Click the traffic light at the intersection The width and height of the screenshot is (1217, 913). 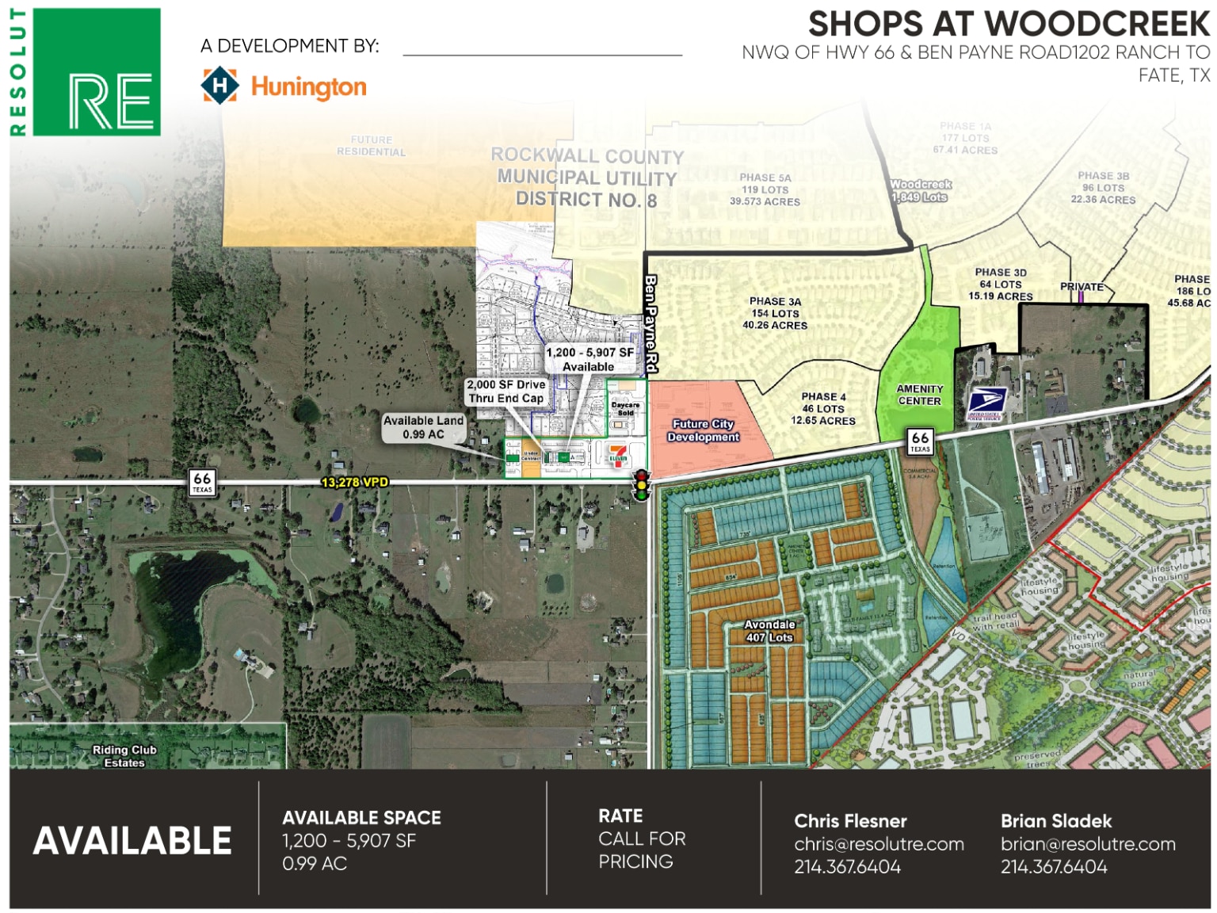(x=641, y=484)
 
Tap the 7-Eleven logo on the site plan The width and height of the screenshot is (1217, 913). (x=618, y=455)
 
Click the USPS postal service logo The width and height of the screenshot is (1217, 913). (x=986, y=403)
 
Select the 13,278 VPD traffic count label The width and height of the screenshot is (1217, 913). (x=354, y=482)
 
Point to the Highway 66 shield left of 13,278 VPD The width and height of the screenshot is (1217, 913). (x=202, y=481)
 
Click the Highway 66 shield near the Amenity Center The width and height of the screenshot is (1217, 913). (x=920, y=441)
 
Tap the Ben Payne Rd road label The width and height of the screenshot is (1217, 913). (x=650, y=324)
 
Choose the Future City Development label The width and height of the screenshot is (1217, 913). (x=703, y=430)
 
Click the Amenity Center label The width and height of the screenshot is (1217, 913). (x=919, y=395)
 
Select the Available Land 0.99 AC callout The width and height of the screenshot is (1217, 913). (x=423, y=427)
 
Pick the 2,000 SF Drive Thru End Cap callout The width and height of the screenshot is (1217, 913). (x=506, y=392)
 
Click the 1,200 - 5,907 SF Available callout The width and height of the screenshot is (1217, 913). (x=589, y=359)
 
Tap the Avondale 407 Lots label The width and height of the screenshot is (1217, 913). (x=769, y=631)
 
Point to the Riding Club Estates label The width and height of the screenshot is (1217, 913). (x=124, y=756)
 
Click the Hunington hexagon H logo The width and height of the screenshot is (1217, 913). (x=219, y=86)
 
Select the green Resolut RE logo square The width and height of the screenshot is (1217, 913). (x=97, y=72)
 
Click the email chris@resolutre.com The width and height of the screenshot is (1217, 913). (x=879, y=844)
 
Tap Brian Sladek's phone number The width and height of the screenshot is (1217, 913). (x=1053, y=867)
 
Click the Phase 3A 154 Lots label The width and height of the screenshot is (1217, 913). (x=775, y=313)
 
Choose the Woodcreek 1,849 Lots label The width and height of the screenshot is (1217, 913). (x=920, y=190)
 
